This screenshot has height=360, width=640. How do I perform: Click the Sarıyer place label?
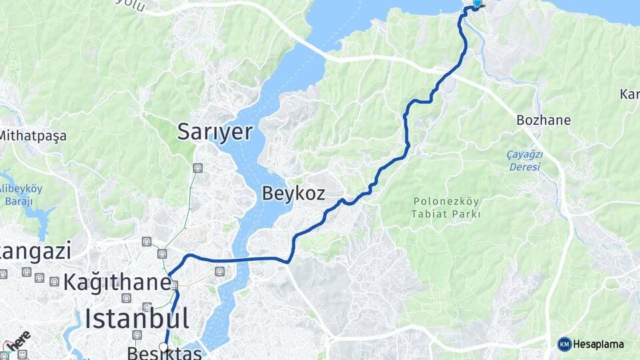click(215, 132)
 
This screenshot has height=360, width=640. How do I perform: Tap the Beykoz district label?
click(293, 193)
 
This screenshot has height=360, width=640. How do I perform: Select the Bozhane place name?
click(543, 120)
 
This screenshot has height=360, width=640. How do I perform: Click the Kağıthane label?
click(117, 282)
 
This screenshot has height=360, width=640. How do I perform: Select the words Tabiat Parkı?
click(446, 214)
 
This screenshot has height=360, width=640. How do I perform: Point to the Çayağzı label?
click(525, 155)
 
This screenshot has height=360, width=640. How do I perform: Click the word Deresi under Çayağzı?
click(525, 167)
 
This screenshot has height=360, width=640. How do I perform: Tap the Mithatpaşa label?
click(33, 136)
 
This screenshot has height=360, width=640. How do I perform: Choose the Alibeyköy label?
click(23, 189)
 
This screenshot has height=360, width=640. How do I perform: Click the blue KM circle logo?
click(564, 344)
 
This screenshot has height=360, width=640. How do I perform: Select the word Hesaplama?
click(599, 344)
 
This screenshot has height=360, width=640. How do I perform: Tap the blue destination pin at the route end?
click(477, 4)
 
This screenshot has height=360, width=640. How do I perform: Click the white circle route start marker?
click(164, 347)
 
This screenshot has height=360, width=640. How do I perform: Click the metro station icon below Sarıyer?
click(197, 168)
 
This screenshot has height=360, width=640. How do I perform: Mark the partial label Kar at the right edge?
click(630, 93)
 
